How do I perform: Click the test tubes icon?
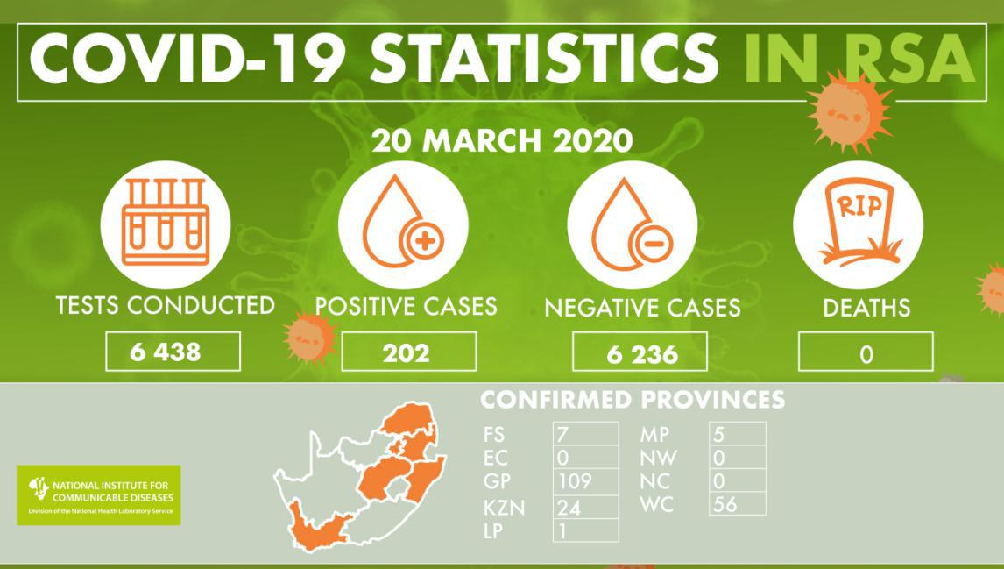tap(166, 222)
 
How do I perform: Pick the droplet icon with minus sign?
tap(632, 224)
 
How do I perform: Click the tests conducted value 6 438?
tap(166, 352)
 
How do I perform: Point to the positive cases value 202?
tap(406, 353)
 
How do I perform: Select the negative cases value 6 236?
tap(642, 354)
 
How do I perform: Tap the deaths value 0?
tap(866, 354)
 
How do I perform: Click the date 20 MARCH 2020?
tap(503, 140)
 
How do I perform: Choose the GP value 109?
tap(575, 480)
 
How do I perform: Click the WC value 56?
tap(725, 503)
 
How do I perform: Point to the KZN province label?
tap(505, 509)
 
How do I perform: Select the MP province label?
tap(654, 435)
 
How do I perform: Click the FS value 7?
tap(562, 435)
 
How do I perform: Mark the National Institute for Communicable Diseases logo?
tap(99, 495)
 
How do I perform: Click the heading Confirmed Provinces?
tap(633, 400)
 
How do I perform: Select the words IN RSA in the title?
tap(860, 58)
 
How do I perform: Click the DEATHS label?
tap(866, 309)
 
